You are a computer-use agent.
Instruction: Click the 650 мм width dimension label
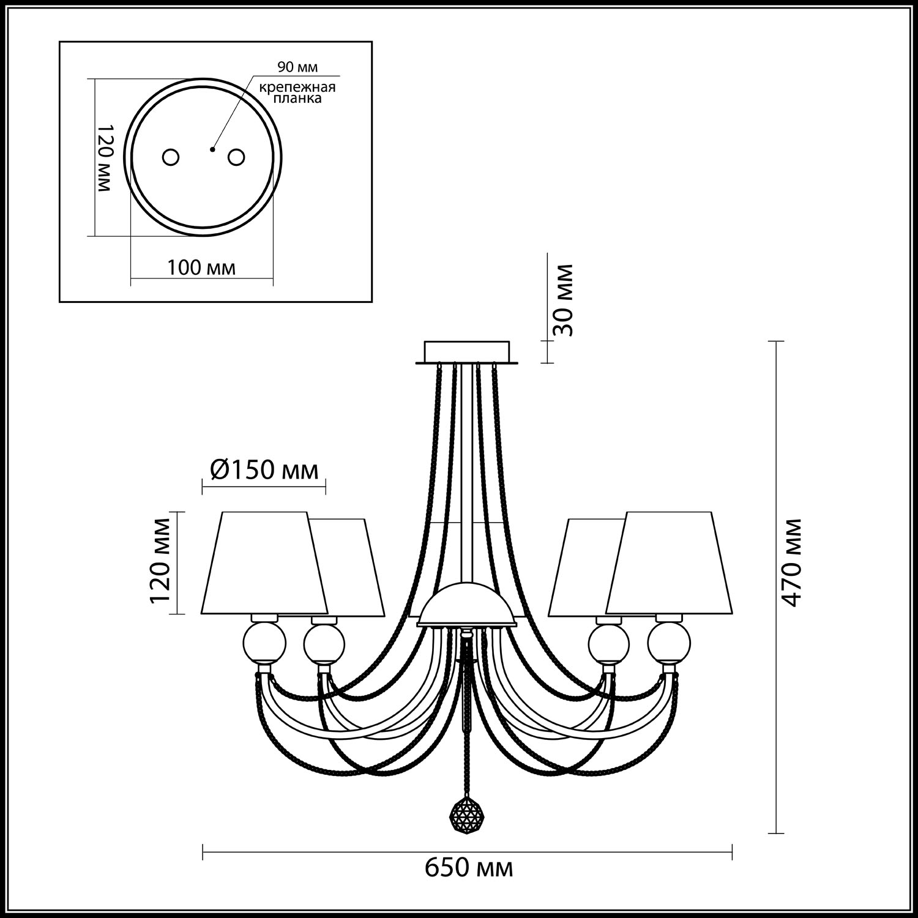tap(469, 868)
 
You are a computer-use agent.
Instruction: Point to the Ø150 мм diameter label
tap(264, 470)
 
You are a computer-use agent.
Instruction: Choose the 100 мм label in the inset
tap(201, 267)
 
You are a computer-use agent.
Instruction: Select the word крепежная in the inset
tap(297, 87)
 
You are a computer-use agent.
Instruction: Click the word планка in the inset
tap(297, 99)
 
